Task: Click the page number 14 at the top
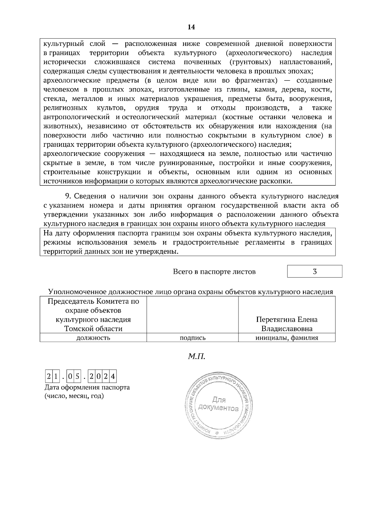(x=191, y=27)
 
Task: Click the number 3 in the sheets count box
(x=315, y=271)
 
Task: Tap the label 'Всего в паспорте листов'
(x=214, y=272)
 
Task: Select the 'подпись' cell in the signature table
(x=193, y=338)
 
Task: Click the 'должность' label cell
(x=93, y=338)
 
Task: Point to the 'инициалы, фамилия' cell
(x=287, y=338)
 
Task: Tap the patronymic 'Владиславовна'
(x=287, y=329)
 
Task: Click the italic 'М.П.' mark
(x=196, y=356)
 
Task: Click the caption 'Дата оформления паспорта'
(x=87, y=387)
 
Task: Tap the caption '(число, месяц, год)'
(x=74, y=396)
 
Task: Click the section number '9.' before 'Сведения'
(x=68, y=196)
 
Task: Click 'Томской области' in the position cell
(x=93, y=329)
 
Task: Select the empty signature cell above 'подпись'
(x=193, y=315)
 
